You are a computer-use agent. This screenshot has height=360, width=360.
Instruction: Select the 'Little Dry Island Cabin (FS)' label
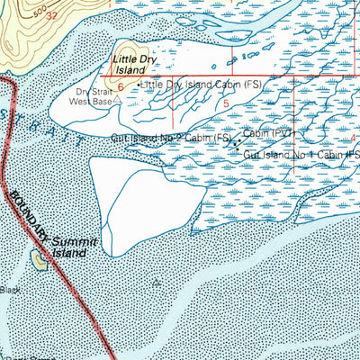(x=193, y=84)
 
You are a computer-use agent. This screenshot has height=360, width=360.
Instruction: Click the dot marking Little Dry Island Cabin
(x=137, y=85)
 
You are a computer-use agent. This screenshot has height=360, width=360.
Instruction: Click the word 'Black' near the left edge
(x=10, y=290)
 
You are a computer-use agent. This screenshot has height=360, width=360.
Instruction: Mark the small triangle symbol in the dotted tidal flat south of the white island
(x=158, y=281)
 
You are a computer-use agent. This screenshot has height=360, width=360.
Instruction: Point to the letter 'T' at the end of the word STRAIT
(x=81, y=145)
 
